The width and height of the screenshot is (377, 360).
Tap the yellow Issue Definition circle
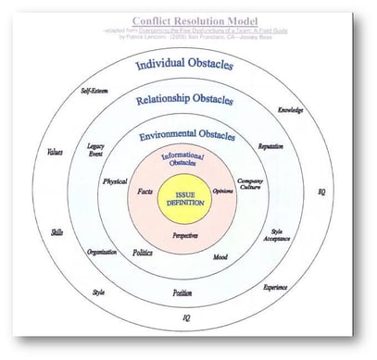(x=188, y=198)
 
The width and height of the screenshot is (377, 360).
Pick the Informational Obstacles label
(x=188, y=161)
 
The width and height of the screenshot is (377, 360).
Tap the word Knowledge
(x=290, y=110)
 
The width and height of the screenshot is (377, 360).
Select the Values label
(x=55, y=153)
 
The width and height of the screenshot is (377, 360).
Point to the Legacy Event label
(x=96, y=151)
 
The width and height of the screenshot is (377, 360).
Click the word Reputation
(x=270, y=146)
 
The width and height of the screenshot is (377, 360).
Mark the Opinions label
(x=223, y=191)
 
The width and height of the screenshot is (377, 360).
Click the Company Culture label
(x=251, y=185)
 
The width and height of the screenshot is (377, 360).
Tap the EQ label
(x=322, y=192)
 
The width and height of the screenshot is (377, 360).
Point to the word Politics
(x=142, y=251)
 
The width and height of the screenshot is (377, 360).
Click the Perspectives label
(x=188, y=236)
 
